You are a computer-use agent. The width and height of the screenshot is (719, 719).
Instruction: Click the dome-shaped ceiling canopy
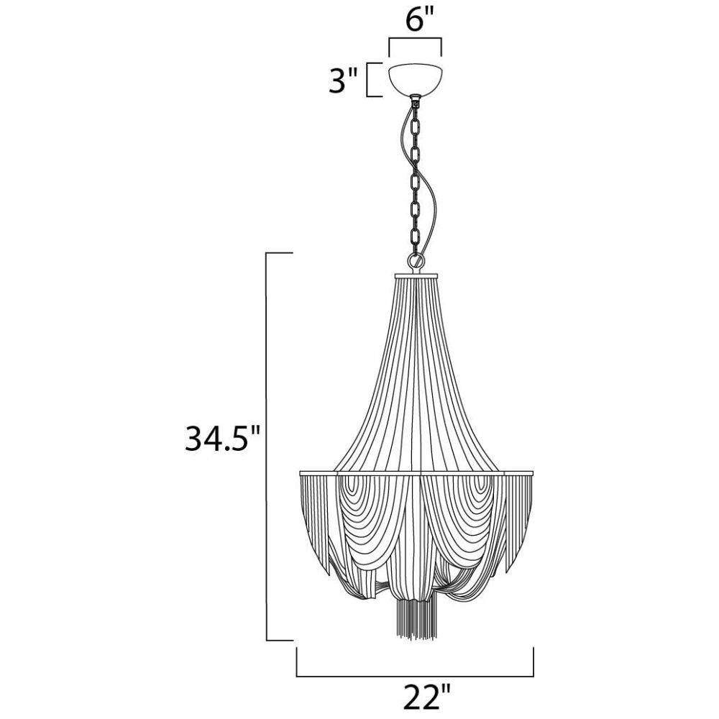(415, 78)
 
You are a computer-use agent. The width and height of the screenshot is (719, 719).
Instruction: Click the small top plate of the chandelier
(416, 275)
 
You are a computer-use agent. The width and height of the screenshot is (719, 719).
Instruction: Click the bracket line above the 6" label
(415, 40)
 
